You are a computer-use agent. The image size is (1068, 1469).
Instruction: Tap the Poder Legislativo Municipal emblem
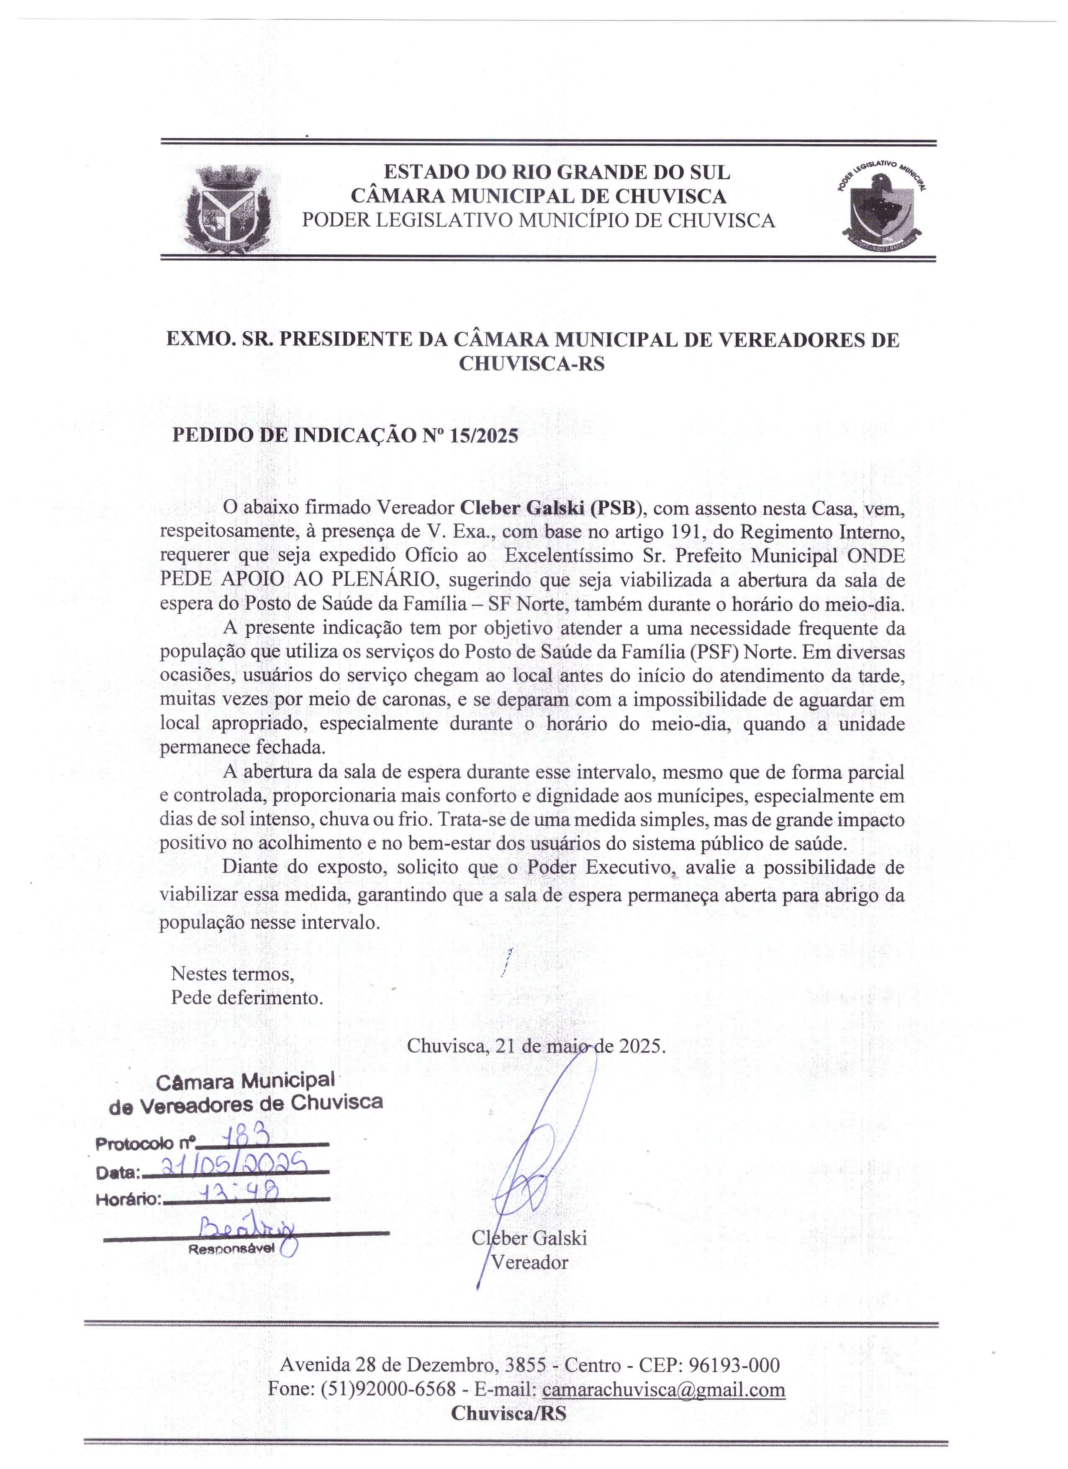(x=882, y=208)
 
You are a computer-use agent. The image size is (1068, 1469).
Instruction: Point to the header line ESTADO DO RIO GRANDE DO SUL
(x=557, y=172)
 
